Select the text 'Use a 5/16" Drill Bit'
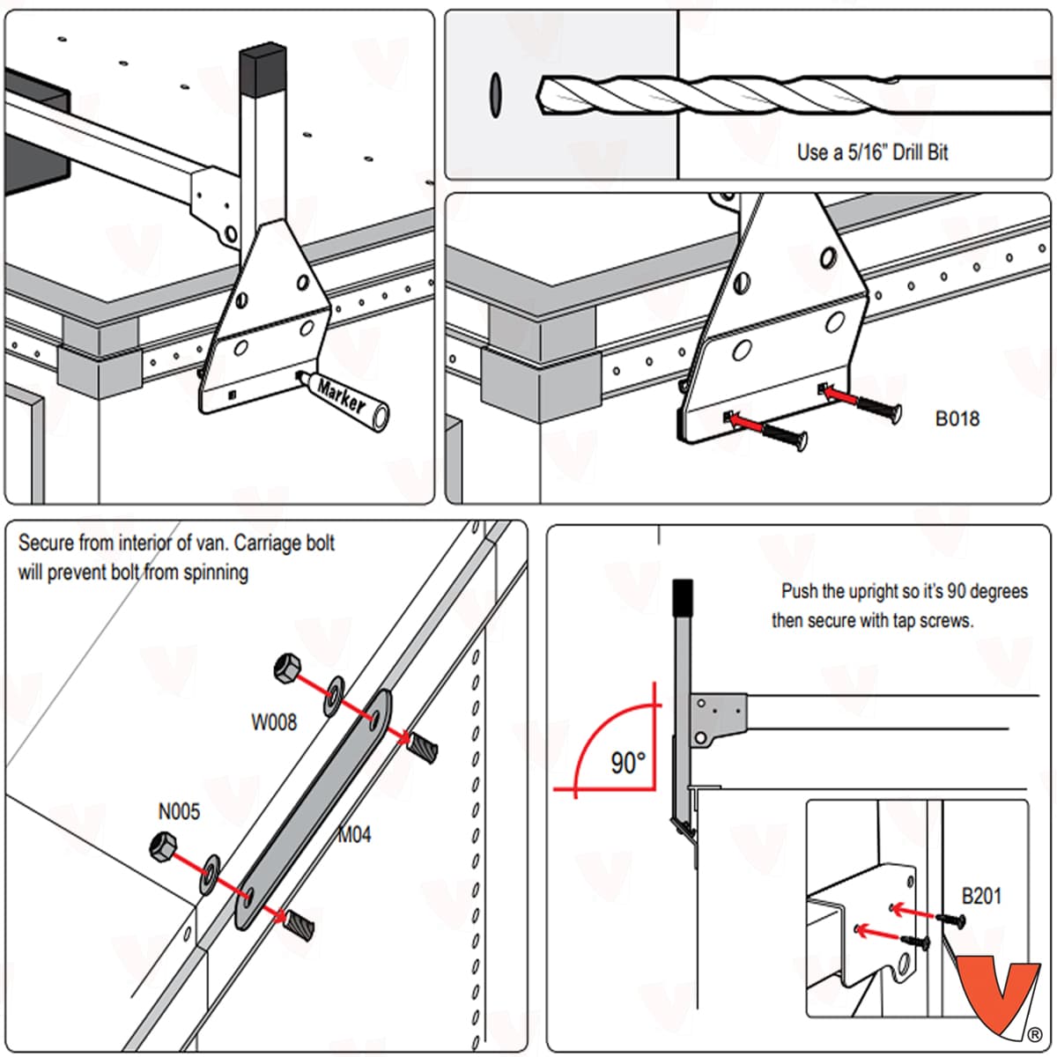[x=872, y=152]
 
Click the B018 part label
[x=957, y=418]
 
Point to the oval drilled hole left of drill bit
[x=495, y=94]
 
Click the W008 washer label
[x=274, y=722]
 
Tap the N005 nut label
[x=179, y=811]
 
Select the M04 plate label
[x=354, y=834]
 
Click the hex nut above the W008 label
[x=288, y=669]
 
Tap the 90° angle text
[x=628, y=762]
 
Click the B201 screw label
[x=981, y=897]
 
